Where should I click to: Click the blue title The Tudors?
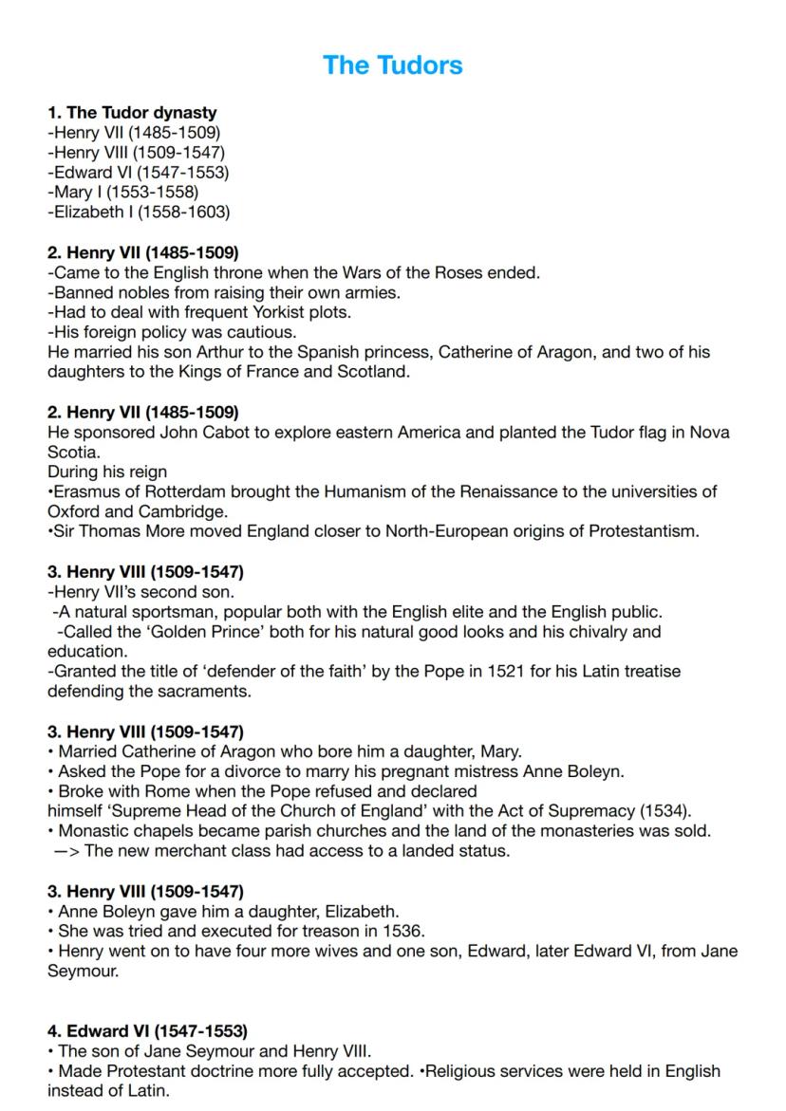pos(392,65)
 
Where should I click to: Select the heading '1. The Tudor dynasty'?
pos(132,113)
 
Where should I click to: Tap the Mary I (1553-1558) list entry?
pos(123,193)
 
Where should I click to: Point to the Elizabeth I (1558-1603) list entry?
pos(139,213)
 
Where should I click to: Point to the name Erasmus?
pos(84,491)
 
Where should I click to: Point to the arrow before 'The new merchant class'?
pos(66,851)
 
